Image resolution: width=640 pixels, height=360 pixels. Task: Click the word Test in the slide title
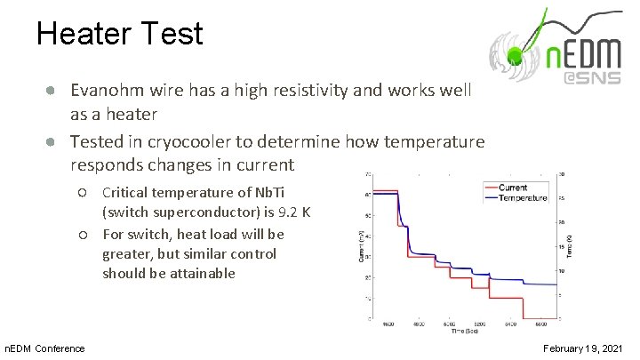pos(173,34)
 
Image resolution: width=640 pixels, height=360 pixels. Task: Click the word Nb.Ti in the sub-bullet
pos(272,193)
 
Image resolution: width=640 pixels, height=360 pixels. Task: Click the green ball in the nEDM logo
pos(513,59)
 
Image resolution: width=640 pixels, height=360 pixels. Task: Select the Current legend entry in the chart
pos(512,188)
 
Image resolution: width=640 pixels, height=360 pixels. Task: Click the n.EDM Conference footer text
pos(45,348)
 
